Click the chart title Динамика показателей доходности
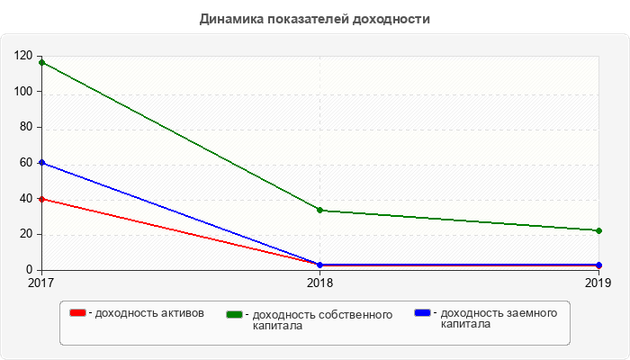[x=315, y=19]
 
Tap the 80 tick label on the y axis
[x=26, y=127]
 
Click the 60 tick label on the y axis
[x=26, y=163]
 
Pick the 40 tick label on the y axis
[x=26, y=199]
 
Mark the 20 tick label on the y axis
[x=26, y=234]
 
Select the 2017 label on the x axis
[x=40, y=283]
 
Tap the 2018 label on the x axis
[x=319, y=283]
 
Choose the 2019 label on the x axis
[x=598, y=283]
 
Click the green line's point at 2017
[x=40, y=62]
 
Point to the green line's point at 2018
[x=319, y=210]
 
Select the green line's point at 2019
[x=598, y=230]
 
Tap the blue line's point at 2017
[x=40, y=163]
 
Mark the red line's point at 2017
[x=40, y=199]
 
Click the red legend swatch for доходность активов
[x=78, y=313]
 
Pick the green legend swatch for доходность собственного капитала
[x=235, y=314]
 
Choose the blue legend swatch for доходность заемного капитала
[x=422, y=313]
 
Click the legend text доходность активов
[x=149, y=313]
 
